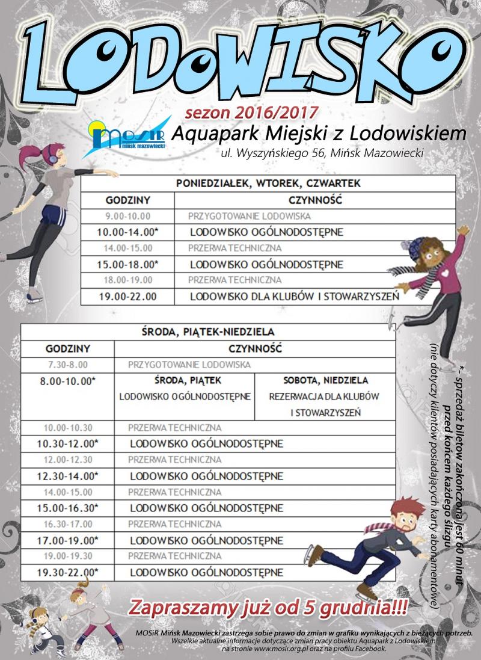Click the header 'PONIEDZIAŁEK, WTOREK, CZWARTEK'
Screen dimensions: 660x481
[x=268, y=184]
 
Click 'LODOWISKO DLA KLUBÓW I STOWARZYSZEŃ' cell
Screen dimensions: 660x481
[x=295, y=296]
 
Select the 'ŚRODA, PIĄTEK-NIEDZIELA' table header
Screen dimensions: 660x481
[x=208, y=331]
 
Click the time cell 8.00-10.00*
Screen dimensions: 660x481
[x=67, y=381]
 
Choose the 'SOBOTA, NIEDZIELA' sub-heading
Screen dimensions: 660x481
[x=325, y=381]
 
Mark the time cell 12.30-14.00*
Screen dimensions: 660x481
[x=67, y=475]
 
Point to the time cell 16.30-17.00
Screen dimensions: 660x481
[x=67, y=523]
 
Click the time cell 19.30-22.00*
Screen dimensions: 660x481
[x=67, y=571]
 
